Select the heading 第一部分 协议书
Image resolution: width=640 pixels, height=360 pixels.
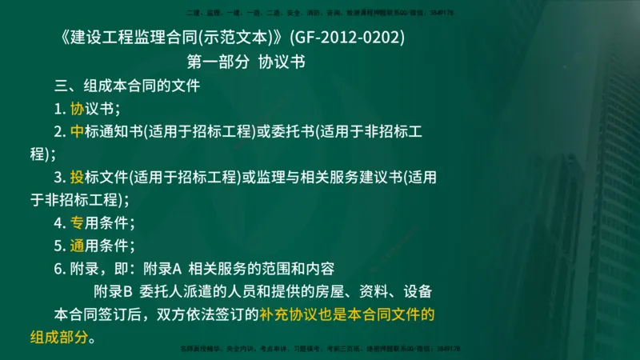click(246, 62)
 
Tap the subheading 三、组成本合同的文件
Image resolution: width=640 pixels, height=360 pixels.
click(126, 86)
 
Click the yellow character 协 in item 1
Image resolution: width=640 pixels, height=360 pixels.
click(78, 109)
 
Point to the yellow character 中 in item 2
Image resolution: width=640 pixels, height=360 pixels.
click(78, 131)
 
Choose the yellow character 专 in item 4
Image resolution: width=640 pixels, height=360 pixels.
click(78, 222)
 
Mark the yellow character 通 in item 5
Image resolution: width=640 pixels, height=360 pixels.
click(78, 246)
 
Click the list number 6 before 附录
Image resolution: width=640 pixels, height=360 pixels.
click(58, 269)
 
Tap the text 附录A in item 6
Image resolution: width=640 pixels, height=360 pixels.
click(162, 269)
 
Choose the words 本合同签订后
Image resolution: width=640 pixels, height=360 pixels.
click(100, 314)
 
